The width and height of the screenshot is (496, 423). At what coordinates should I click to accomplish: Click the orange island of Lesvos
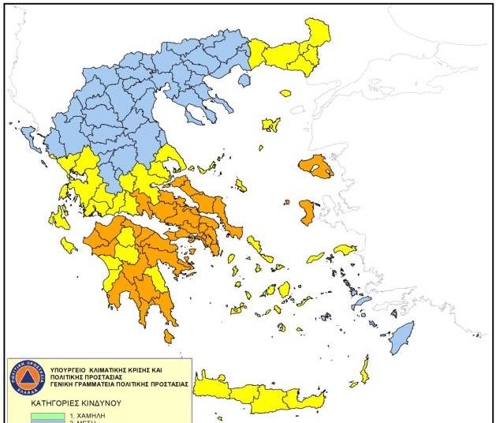pos(316,167)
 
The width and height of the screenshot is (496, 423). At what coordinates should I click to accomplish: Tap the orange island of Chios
pos(308,211)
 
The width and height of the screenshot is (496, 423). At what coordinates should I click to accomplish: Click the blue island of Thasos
pos(244,80)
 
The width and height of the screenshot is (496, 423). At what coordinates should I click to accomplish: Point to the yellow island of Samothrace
pos(285,92)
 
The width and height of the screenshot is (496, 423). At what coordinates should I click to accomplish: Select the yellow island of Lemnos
pos(271,125)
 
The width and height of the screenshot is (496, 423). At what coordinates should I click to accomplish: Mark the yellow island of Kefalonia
pos(60,216)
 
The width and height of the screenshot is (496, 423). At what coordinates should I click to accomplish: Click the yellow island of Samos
pos(345,249)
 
